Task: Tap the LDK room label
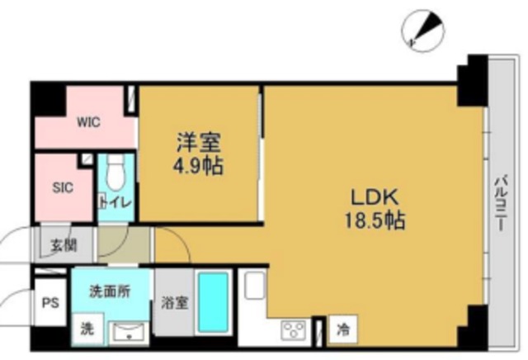[376, 198]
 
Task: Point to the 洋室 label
[198, 142]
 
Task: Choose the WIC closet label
[88, 122]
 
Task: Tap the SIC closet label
[63, 187]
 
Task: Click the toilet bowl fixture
[115, 172]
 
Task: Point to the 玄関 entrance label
[61, 244]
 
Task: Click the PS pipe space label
[49, 302]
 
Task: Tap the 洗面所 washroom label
[110, 291]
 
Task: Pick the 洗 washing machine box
[87, 329]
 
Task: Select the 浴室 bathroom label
[174, 302]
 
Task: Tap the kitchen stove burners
[295, 330]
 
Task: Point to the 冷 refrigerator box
[342, 329]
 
